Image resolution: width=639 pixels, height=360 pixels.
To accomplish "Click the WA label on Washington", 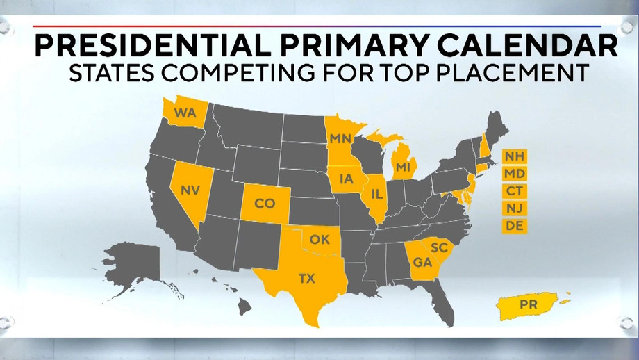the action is (185, 113).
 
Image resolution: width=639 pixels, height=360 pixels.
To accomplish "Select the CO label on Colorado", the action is (265, 204).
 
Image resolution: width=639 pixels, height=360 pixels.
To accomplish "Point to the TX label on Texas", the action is (306, 279).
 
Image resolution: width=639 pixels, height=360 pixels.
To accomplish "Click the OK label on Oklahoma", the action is (319, 240).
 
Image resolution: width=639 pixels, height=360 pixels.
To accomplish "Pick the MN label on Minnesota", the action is (340, 138).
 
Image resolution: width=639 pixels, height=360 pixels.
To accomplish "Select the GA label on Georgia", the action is (421, 262).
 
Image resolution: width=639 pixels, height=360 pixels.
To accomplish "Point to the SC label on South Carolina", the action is (438, 247).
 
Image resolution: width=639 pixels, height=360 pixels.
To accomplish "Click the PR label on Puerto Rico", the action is (529, 304).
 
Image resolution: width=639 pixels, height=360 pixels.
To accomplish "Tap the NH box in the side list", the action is (515, 155).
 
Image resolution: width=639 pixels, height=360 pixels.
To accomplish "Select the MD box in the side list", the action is (515, 172).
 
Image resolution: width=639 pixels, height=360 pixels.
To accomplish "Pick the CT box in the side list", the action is (515, 190).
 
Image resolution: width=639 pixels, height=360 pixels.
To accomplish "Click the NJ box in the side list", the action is (515, 208).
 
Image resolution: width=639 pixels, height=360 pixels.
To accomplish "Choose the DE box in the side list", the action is (515, 226).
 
